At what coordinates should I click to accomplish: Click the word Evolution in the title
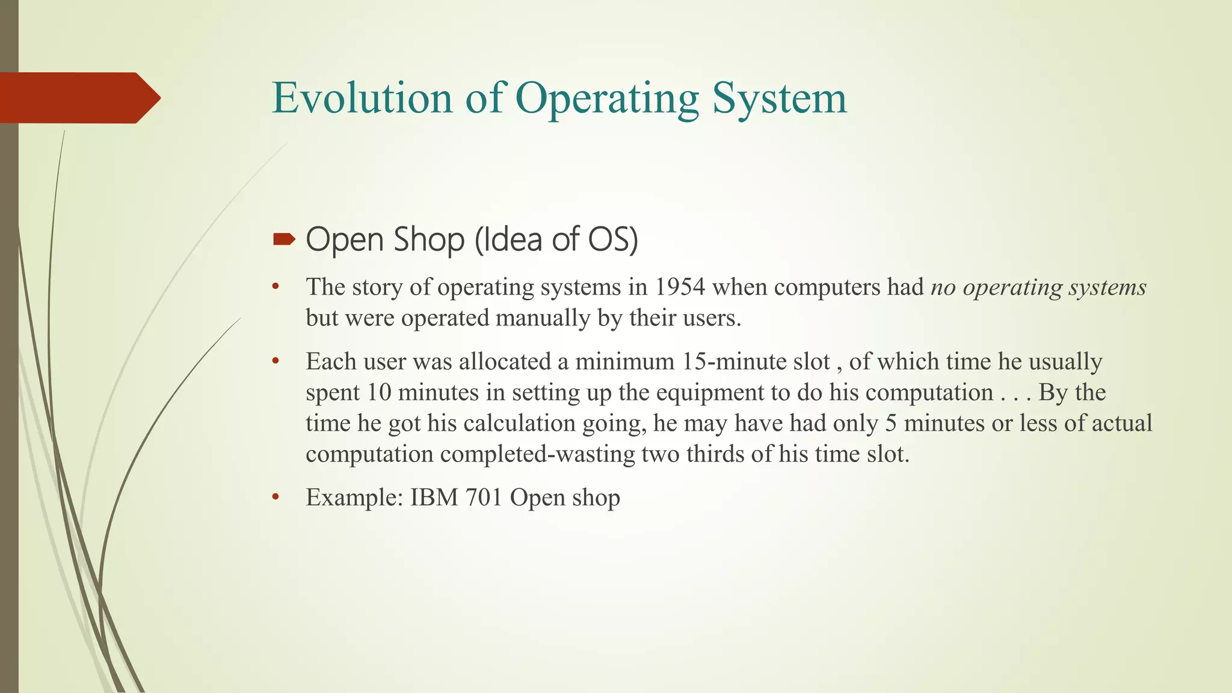[362, 98]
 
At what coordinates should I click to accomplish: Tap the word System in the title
[780, 98]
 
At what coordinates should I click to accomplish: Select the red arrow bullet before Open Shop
[284, 240]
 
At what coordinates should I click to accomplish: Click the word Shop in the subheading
[429, 239]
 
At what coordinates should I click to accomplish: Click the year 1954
[679, 287]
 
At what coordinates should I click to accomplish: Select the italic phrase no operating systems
[1038, 287]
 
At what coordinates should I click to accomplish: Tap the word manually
[543, 318]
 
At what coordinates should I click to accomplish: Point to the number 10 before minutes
[379, 392]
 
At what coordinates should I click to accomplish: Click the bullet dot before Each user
[276, 362]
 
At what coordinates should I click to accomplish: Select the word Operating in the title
[607, 98]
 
